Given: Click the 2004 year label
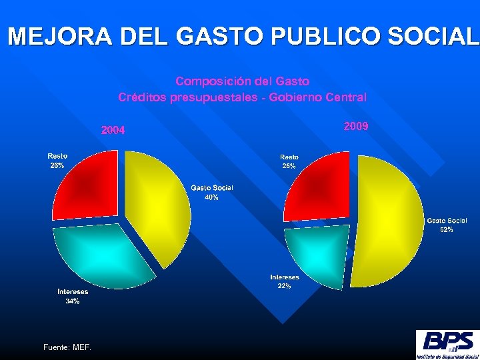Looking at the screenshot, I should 113,130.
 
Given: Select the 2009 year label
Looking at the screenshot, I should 356,126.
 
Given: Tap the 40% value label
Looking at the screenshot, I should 211,197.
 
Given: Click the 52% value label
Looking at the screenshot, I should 447,229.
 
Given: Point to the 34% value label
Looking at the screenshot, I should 72,301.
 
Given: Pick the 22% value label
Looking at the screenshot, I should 284,286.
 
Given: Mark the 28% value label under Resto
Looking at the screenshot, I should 57,165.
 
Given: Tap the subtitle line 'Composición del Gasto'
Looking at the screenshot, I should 243,81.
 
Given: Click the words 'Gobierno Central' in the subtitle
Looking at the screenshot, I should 326,97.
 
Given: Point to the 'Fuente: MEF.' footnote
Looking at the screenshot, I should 67,347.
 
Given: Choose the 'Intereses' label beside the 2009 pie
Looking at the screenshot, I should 285,277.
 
